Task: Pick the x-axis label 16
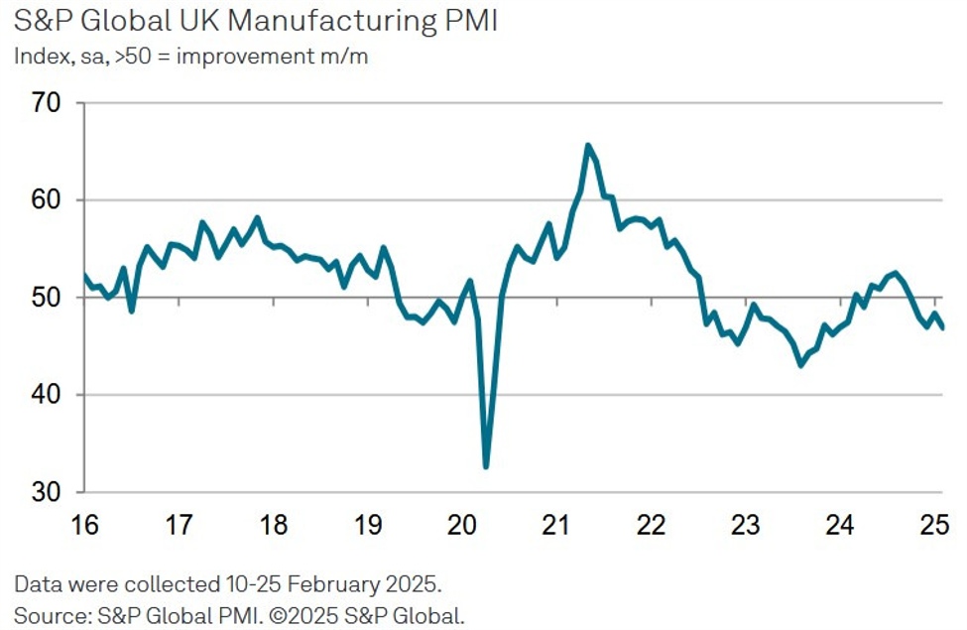(x=84, y=524)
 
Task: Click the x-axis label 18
(x=273, y=524)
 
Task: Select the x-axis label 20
(x=463, y=524)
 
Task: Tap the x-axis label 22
(x=652, y=524)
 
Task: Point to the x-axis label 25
(x=935, y=524)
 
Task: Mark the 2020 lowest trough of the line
(x=486, y=466)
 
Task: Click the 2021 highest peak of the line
(x=588, y=145)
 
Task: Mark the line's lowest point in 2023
(x=801, y=365)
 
